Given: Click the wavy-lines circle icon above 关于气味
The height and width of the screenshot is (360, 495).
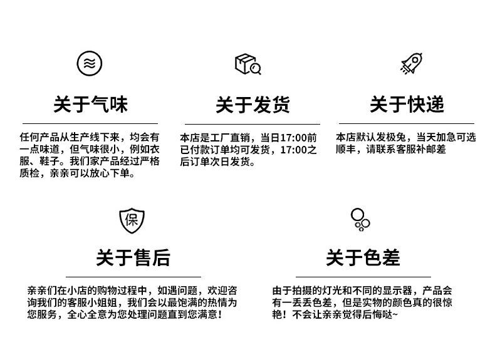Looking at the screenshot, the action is (x=90, y=63).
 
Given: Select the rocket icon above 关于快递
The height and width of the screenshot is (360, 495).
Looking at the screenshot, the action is (x=410, y=64).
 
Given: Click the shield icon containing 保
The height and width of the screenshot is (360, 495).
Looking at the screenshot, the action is (x=132, y=219).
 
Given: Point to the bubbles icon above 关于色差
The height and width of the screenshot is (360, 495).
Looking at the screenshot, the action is (x=360, y=219).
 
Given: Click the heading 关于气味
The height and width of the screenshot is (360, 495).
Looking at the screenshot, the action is (x=90, y=104).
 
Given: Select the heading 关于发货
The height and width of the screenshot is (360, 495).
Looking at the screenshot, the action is (x=253, y=105).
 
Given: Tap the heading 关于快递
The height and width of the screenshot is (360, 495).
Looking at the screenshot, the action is (x=407, y=104).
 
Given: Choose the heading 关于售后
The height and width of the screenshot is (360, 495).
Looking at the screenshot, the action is (x=133, y=257).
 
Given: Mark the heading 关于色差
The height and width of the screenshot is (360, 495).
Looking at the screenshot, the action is (x=363, y=257).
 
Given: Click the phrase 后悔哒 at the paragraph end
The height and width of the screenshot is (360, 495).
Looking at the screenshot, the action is (x=378, y=314).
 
